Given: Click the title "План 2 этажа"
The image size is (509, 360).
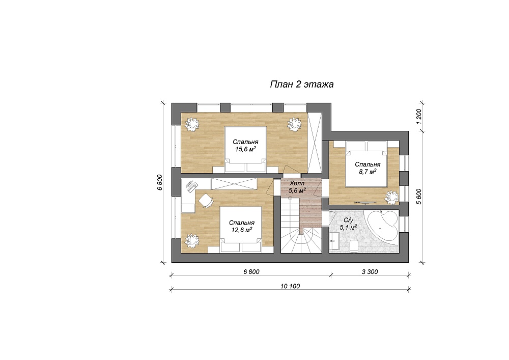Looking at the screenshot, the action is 301,85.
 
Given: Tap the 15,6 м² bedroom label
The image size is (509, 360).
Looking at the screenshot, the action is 245,146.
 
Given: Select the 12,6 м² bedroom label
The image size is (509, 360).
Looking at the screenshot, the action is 241,227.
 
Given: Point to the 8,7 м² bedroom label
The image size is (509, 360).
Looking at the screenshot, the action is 367,168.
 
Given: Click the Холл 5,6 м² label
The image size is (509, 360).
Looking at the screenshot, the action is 297,187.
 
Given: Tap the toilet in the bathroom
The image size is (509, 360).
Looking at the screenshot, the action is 354,246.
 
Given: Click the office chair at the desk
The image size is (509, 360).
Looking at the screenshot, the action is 206,201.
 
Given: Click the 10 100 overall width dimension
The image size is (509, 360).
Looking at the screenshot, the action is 290,286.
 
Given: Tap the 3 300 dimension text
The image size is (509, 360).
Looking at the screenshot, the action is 370,272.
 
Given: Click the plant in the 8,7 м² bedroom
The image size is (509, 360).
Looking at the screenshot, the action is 391,197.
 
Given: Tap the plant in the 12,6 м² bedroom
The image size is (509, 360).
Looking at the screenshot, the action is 191,241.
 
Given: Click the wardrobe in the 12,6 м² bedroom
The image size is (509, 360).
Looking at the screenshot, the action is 234,184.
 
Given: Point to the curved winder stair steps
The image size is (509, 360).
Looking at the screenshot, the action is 301,240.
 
